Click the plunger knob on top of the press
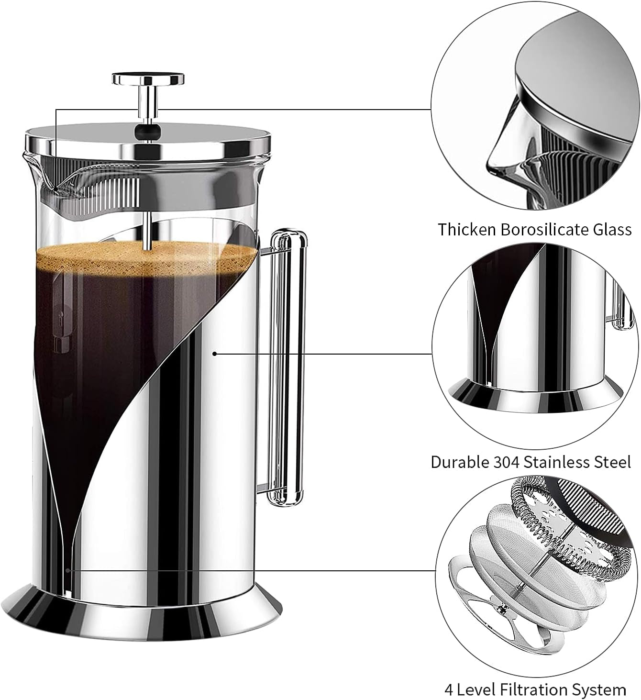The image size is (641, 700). [148, 78]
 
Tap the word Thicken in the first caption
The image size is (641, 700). [467, 230]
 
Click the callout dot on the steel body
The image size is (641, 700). [215, 354]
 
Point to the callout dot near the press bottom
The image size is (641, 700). [68, 570]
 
